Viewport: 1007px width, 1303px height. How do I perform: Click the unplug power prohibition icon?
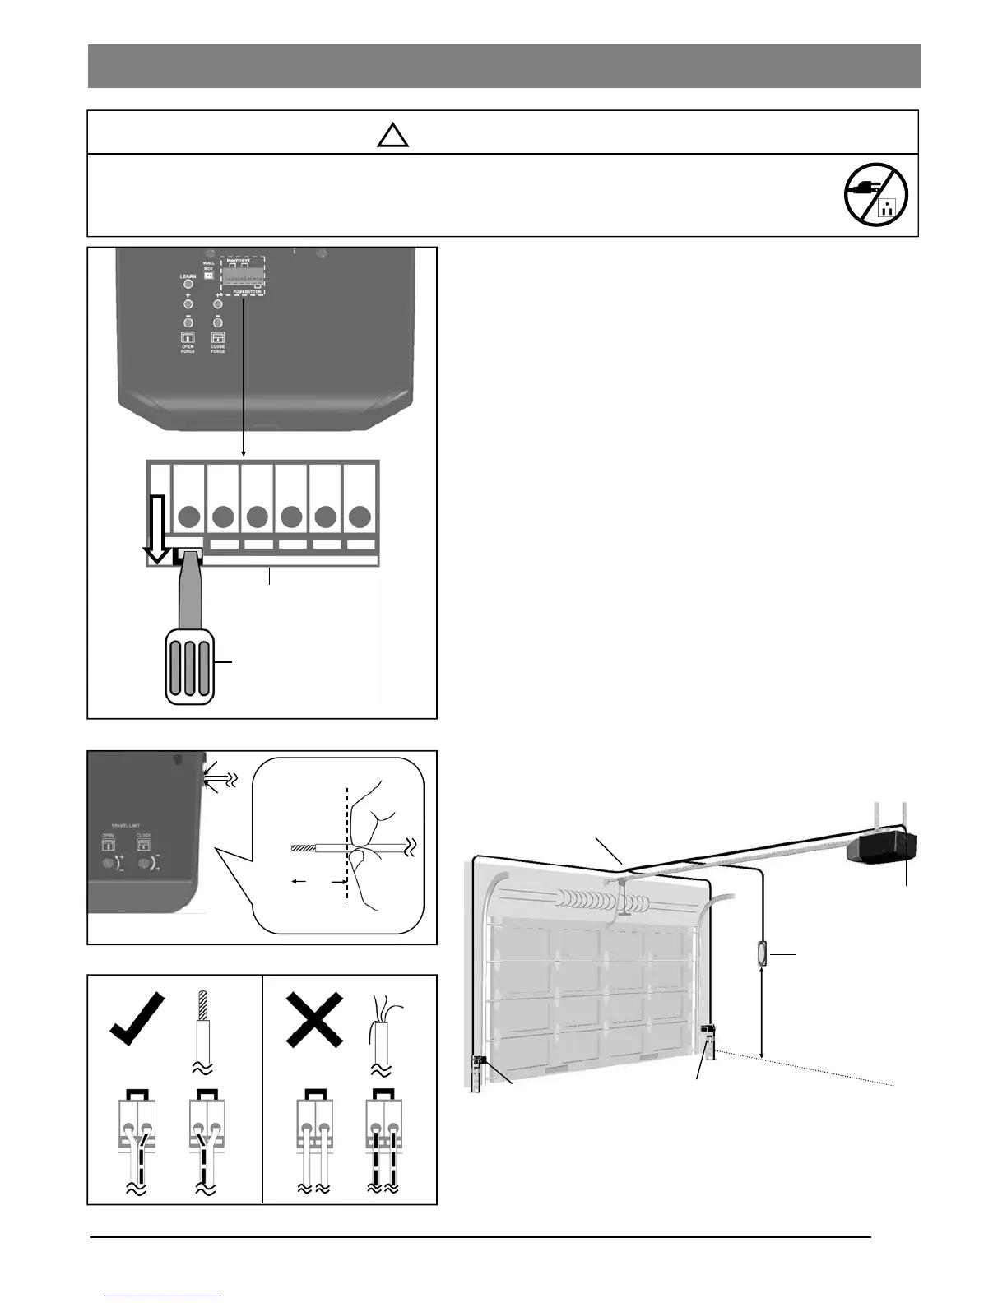pos(876,195)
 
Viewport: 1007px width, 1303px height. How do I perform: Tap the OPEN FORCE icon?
pos(188,338)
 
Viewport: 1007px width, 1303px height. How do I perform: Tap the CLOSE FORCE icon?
pos(217,338)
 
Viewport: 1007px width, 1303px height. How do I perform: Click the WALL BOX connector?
pos(207,299)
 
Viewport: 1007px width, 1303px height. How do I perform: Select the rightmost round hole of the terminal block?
pos(360,517)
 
